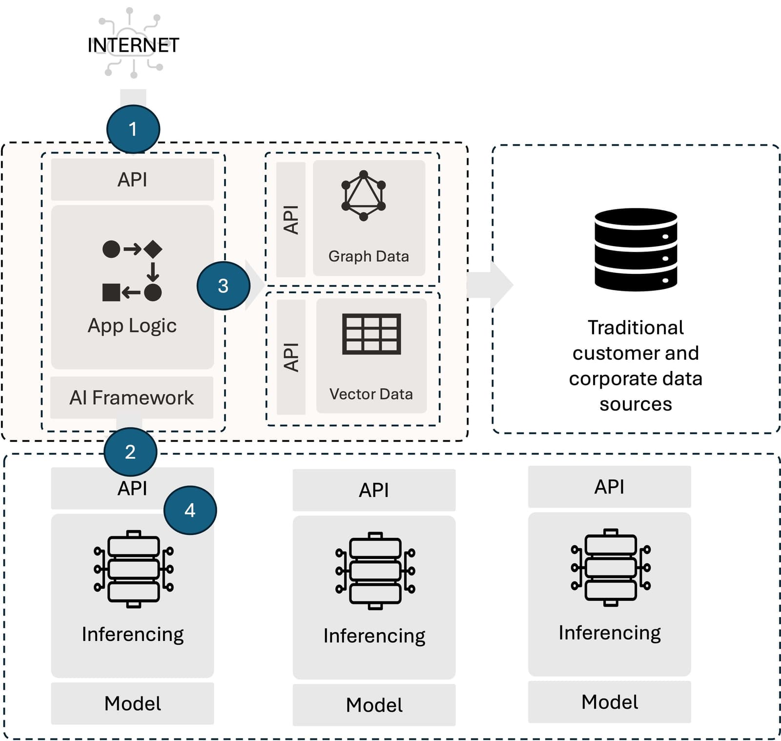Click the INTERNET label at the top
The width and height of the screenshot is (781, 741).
click(133, 45)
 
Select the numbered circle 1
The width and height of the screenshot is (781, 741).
click(133, 129)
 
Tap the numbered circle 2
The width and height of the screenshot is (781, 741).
click(130, 452)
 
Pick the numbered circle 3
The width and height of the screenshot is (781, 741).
click(223, 286)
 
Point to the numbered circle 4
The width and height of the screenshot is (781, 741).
click(190, 510)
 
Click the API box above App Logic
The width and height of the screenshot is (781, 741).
click(132, 179)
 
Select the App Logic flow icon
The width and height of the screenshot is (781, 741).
click(132, 270)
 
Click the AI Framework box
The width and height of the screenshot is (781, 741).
click(132, 397)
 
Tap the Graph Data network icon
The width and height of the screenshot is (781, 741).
click(364, 195)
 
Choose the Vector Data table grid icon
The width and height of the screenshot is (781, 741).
click(371, 334)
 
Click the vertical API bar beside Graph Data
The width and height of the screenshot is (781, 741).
click(291, 220)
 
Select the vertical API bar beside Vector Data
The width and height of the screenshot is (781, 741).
click(291, 357)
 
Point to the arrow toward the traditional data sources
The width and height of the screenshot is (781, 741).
click(490, 285)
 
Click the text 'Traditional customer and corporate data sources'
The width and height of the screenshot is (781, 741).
click(636, 366)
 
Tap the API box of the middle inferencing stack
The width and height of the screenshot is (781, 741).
click(374, 490)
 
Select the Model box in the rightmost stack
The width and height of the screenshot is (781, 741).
click(609, 701)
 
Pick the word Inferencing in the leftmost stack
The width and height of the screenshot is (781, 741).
click(133, 634)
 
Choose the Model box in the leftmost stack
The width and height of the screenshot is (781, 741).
click(132, 703)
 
